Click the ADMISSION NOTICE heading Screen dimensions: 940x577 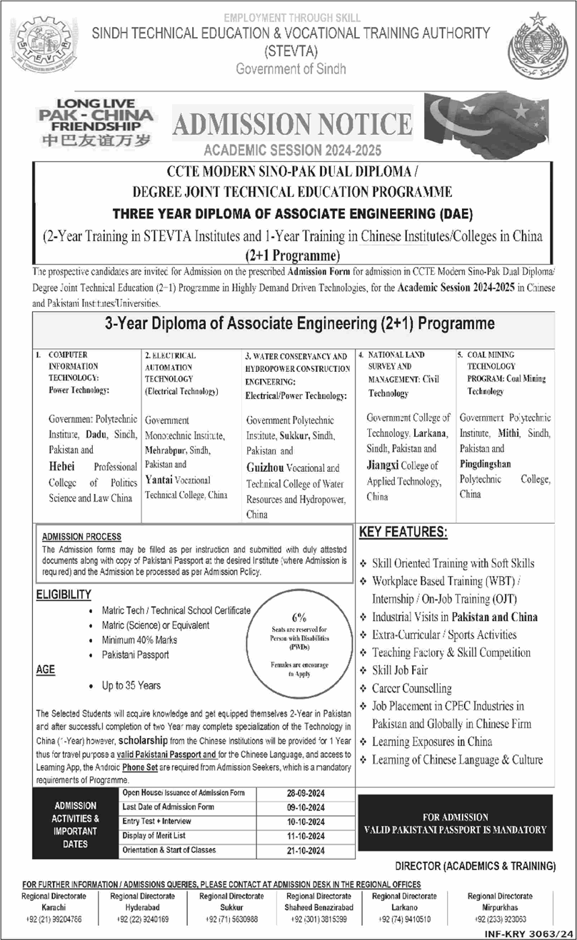tap(293, 125)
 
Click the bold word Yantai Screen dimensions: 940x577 tap(161, 481)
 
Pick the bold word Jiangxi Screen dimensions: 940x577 tap(388, 465)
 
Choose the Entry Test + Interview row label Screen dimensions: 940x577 tap(156, 822)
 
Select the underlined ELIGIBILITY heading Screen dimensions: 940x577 tap(64, 594)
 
